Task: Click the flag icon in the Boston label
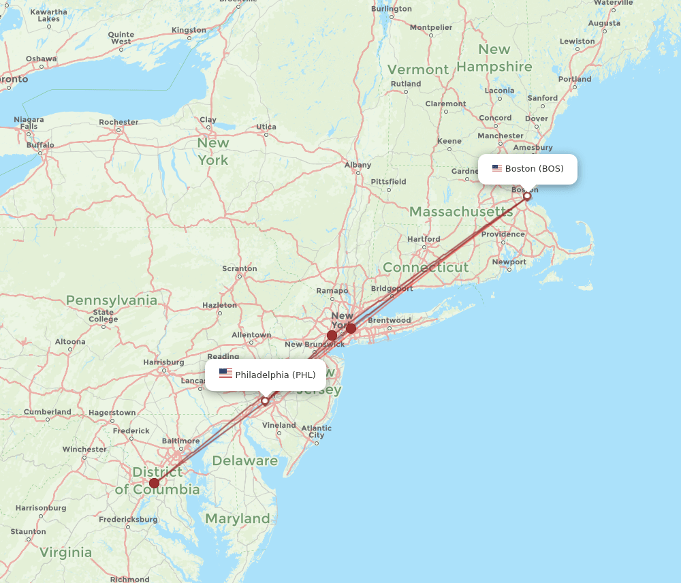pyautogui.click(x=497, y=168)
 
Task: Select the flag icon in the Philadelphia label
pyautogui.click(x=225, y=374)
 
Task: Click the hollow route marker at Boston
pyautogui.click(x=527, y=196)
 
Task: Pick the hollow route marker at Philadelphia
pyautogui.click(x=265, y=400)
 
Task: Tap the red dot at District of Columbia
pyautogui.click(x=155, y=484)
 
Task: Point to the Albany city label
pyautogui.click(x=358, y=165)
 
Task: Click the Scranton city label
pyautogui.click(x=240, y=268)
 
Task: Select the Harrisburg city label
pyautogui.click(x=164, y=362)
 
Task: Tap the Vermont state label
pyautogui.click(x=418, y=69)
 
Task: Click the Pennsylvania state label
pyautogui.click(x=112, y=300)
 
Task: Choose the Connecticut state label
pyautogui.click(x=426, y=268)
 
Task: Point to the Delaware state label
pyautogui.click(x=244, y=461)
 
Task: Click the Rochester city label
pyautogui.click(x=118, y=123)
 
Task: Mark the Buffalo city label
pyautogui.click(x=40, y=145)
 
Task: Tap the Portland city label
pyautogui.click(x=575, y=79)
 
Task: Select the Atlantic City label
pyautogui.click(x=317, y=432)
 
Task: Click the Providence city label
pyautogui.click(x=503, y=234)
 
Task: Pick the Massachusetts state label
pyautogui.click(x=461, y=212)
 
